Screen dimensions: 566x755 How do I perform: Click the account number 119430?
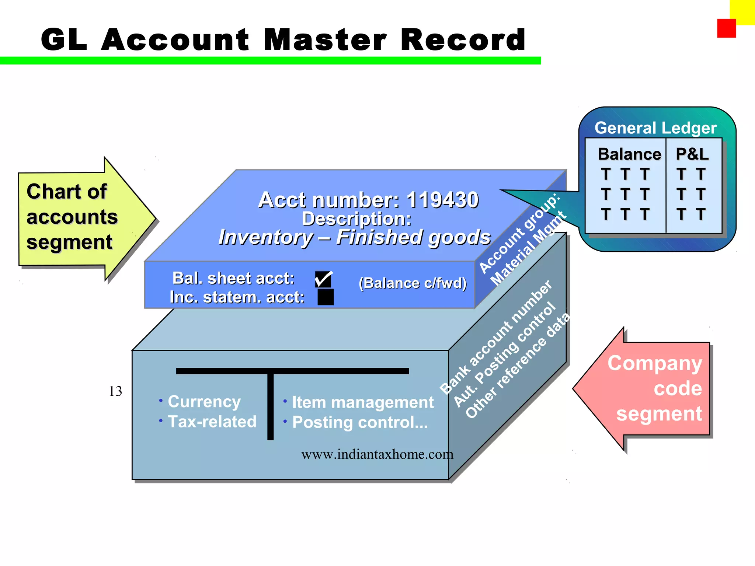(x=442, y=200)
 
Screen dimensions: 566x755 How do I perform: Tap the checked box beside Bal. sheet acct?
(x=323, y=280)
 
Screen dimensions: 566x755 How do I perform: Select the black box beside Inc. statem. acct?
(x=326, y=297)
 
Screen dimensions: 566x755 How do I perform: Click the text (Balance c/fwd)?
(x=413, y=283)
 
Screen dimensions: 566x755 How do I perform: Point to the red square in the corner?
(x=726, y=28)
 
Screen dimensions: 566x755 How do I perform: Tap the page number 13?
(x=115, y=391)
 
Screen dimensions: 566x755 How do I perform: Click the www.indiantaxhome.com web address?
(x=377, y=454)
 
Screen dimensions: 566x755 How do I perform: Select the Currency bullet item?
(x=204, y=401)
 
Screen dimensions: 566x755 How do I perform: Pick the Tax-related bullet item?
(x=212, y=422)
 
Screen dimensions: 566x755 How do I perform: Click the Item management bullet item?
(x=363, y=402)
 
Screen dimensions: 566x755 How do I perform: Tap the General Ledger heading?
(x=655, y=128)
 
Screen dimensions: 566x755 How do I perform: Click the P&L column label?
(x=692, y=154)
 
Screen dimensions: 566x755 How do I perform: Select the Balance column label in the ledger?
(x=629, y=154)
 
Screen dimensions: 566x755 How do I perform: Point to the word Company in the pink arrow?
(x=655, y=363)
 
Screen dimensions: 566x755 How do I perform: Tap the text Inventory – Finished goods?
(x=354, y=237)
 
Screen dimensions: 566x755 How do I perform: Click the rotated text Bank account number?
(x=496, y=337)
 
